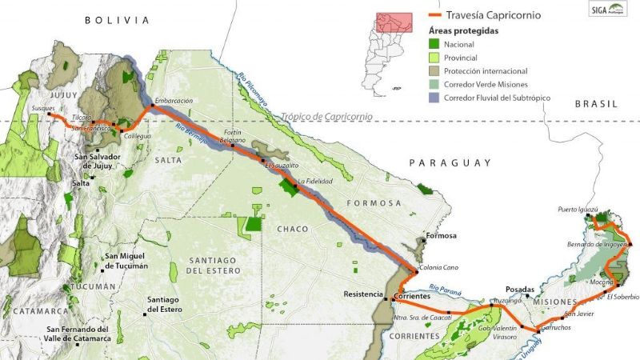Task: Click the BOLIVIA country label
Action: (117, 20)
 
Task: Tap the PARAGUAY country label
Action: (450, 162)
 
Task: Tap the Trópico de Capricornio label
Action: (326, 117)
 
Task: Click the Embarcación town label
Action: (174, 100)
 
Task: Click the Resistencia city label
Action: (363, 294)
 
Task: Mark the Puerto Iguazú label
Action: (578, 210)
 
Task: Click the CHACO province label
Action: (293, 229)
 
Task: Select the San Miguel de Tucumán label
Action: (126, 262)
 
